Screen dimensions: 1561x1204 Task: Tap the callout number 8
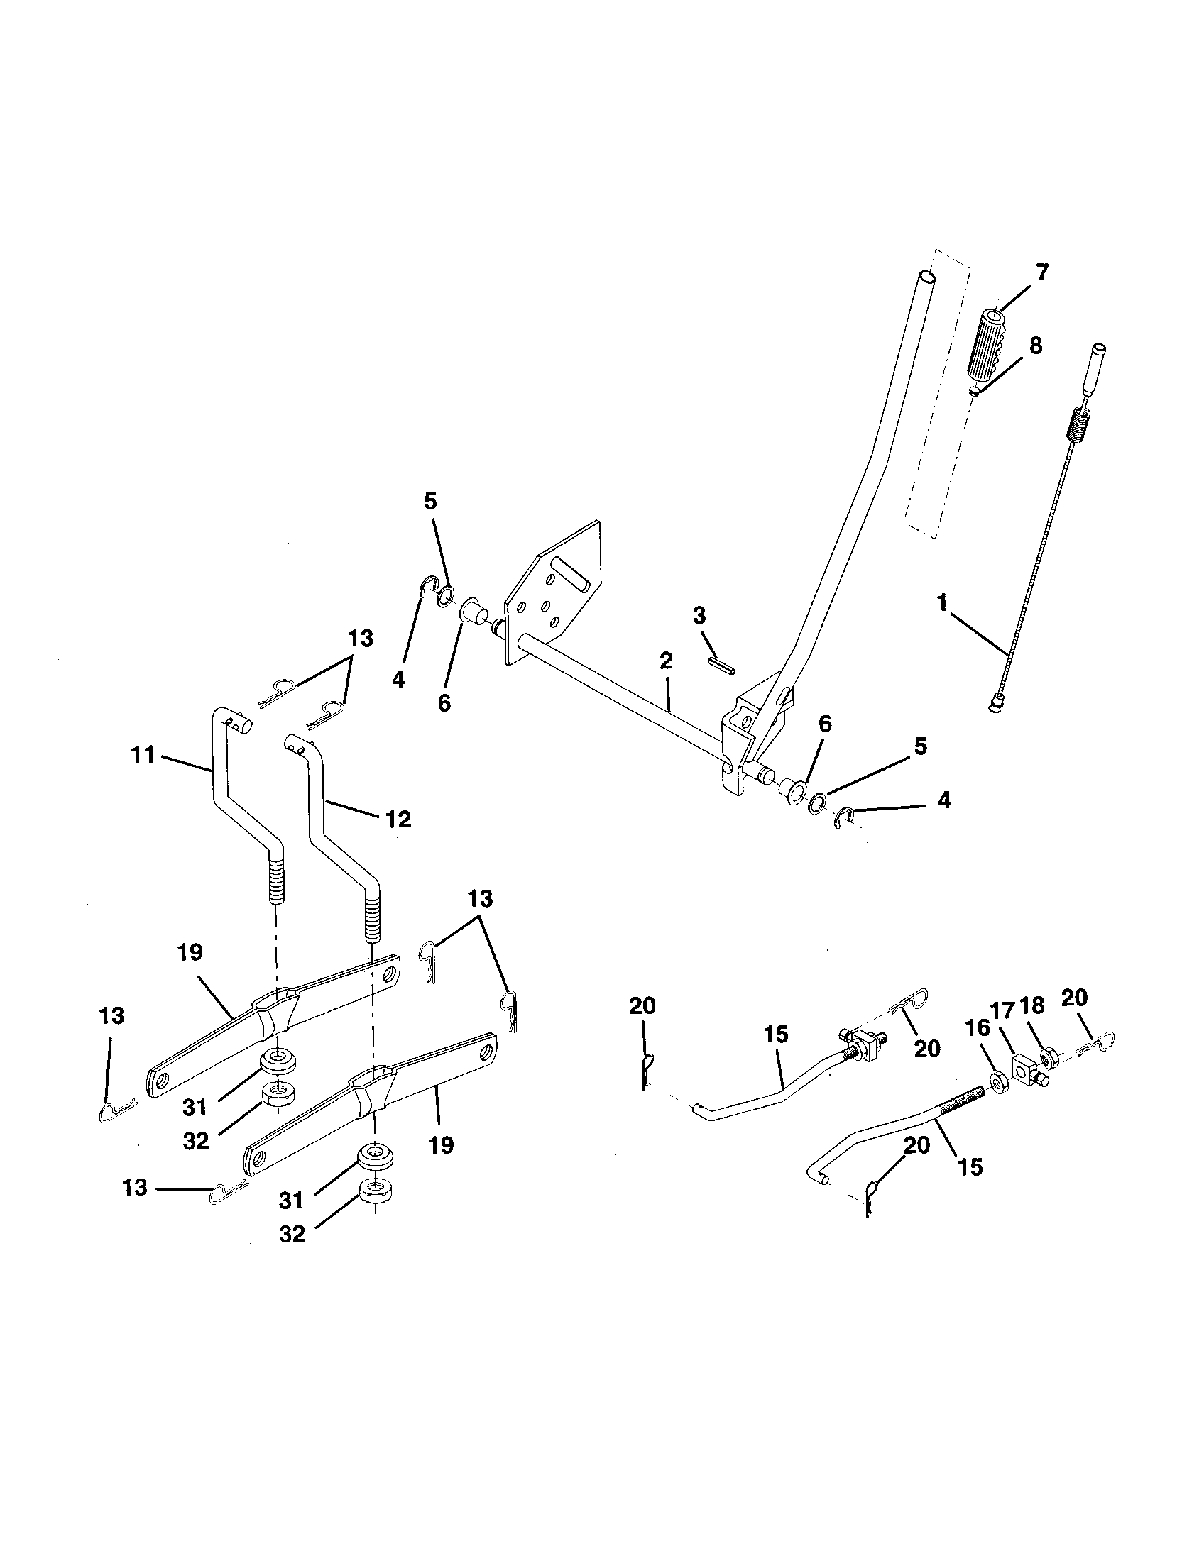pos(1034,346)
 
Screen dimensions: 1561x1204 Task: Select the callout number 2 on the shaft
pos(666,661)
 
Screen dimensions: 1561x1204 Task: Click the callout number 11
pos(143,755)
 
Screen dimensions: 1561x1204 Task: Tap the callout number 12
pos(398,820)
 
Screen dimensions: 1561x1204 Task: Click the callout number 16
pos(978,1028)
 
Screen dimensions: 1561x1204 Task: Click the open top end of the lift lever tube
pos(926,275)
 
